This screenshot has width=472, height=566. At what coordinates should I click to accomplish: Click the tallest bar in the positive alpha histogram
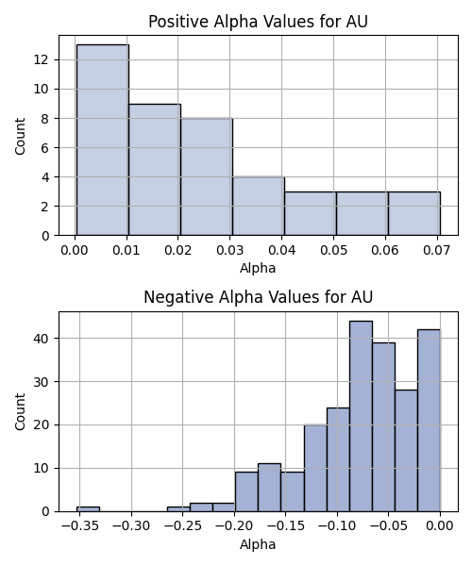[x=103, y=140]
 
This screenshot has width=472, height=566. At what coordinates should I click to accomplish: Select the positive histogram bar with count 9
[x=155, y=170]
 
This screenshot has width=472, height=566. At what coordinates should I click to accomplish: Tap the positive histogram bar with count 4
[x=259, y=206]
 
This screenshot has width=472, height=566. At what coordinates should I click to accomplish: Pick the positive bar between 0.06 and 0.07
[x=414, y=213]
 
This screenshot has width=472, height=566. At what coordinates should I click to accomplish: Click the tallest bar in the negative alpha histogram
[x=362, y=416]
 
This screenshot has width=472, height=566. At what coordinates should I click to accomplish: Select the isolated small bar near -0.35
[x=88, y=509]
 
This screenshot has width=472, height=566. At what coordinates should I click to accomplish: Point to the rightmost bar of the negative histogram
[x=429, y=421]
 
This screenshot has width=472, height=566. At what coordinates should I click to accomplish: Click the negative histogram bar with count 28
[x=406, y=451]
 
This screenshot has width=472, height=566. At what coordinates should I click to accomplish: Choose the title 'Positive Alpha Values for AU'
[x=259, y=22]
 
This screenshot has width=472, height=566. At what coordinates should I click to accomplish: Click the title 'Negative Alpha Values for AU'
[x=259, y=297]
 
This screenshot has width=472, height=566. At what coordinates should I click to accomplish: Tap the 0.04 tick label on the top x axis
[x=281, y=250]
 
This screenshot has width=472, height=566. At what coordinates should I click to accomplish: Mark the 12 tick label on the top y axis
[x=42, y=59]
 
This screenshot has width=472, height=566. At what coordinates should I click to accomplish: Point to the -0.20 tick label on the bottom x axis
[x=234, y=526]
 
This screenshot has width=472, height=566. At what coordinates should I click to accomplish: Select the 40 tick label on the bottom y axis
[x=42, y=339]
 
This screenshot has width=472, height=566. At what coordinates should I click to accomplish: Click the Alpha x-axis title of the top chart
[x=258, y=268]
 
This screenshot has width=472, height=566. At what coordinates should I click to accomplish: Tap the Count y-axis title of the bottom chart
[x=20, y=412]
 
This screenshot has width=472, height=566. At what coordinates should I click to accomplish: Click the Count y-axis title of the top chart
[x=20, y=136]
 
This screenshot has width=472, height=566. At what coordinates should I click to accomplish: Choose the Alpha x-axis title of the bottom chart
[x=258, y=544]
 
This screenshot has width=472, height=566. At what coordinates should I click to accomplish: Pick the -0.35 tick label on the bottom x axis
[x=80, y=526]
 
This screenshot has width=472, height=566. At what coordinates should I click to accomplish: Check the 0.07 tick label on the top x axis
[x=437, y=250]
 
